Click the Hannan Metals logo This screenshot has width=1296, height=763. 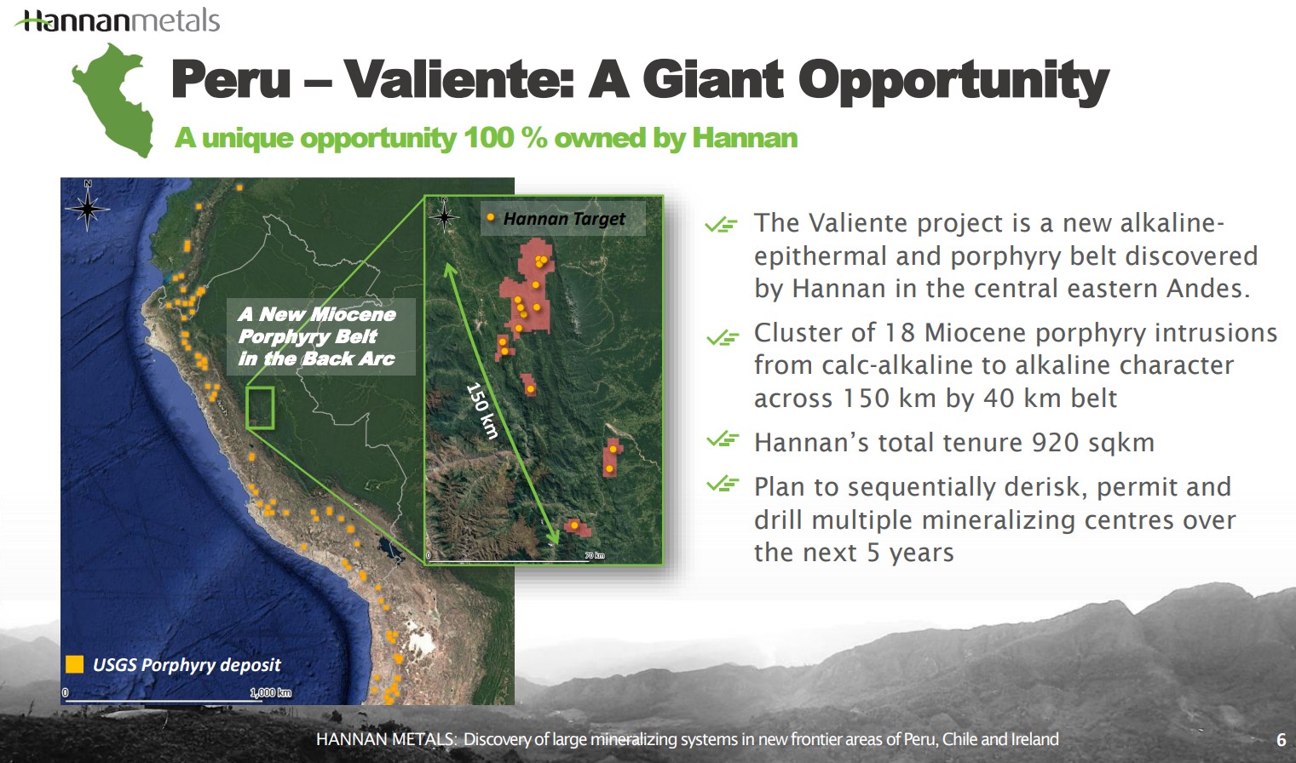tap(118, 20)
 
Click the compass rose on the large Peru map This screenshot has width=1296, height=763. tap(88, 207)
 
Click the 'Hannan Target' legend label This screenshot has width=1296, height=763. tap(563, 219)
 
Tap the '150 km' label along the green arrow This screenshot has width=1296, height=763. tap(482, 410)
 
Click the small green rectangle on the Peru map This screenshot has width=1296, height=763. tap(260, 408)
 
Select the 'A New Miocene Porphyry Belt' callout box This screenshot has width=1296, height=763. tap(320, 336)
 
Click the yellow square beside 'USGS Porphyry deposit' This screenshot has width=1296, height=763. tap(75, 664)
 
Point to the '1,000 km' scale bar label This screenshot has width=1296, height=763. tap(271, 692)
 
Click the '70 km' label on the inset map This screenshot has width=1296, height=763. tap(595, 555)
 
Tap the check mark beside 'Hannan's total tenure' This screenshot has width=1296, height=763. tap(723, 440)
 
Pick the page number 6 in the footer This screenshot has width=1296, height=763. tap(1281, 740)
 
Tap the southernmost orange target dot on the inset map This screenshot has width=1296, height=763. tap(574, 525)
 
